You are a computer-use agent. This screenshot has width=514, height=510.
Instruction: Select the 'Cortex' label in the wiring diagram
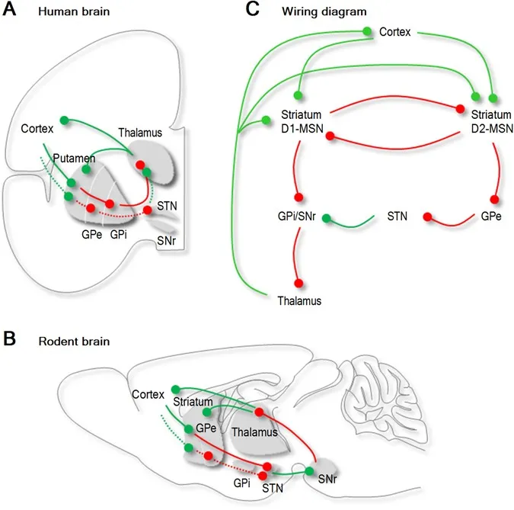(395, 33)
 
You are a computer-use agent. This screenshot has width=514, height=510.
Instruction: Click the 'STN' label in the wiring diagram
(399, 217)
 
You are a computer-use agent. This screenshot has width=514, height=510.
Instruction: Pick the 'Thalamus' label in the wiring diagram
(298, 301)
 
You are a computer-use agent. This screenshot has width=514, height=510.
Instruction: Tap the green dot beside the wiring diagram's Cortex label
(368, 31)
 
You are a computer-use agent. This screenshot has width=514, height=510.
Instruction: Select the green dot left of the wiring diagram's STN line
(326, 220)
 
